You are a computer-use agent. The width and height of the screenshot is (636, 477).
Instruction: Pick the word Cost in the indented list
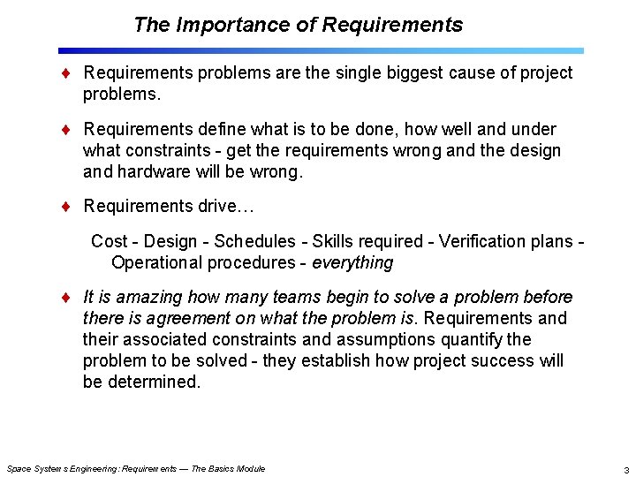click(109, 241)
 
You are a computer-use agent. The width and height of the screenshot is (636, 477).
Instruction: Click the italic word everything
click(352, 262)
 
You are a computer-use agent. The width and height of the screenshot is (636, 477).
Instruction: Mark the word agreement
click(182, 318)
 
